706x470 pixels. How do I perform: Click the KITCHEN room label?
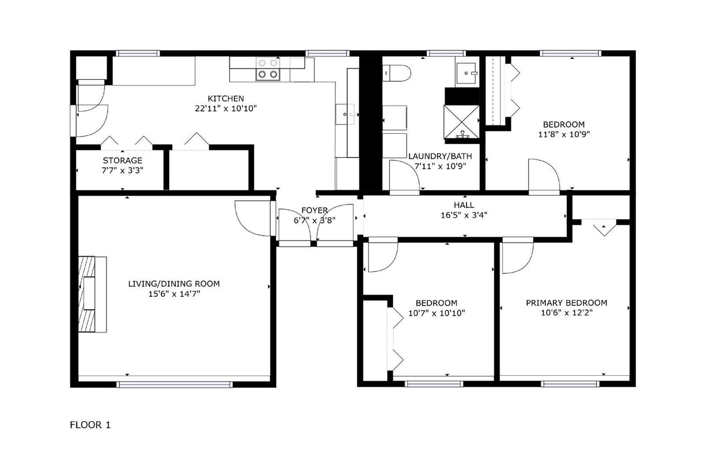[225, 98]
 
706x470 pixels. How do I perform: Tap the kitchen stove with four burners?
[267, 69]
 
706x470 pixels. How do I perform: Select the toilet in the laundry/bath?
[397, 73]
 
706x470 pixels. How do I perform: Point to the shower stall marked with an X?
[462, 122]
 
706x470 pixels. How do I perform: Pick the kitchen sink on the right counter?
[346, 114]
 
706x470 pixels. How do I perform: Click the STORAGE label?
[123, 160]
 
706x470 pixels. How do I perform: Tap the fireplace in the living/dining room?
[92, 294]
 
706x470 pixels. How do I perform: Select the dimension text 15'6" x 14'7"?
[174, 294]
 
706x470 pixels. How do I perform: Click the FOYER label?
[315, 210]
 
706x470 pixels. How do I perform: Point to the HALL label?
[464, 205]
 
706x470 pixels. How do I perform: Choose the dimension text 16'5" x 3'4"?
[464, 215]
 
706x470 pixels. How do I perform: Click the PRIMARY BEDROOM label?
[567, 303]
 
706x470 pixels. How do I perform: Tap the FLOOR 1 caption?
[90, 425]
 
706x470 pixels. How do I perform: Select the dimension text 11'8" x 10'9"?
[564, 134]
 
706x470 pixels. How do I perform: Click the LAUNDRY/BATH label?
[440, 156]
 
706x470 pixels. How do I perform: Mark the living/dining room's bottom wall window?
[174, 384]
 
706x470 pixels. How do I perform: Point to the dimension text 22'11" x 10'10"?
[225, 108]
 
